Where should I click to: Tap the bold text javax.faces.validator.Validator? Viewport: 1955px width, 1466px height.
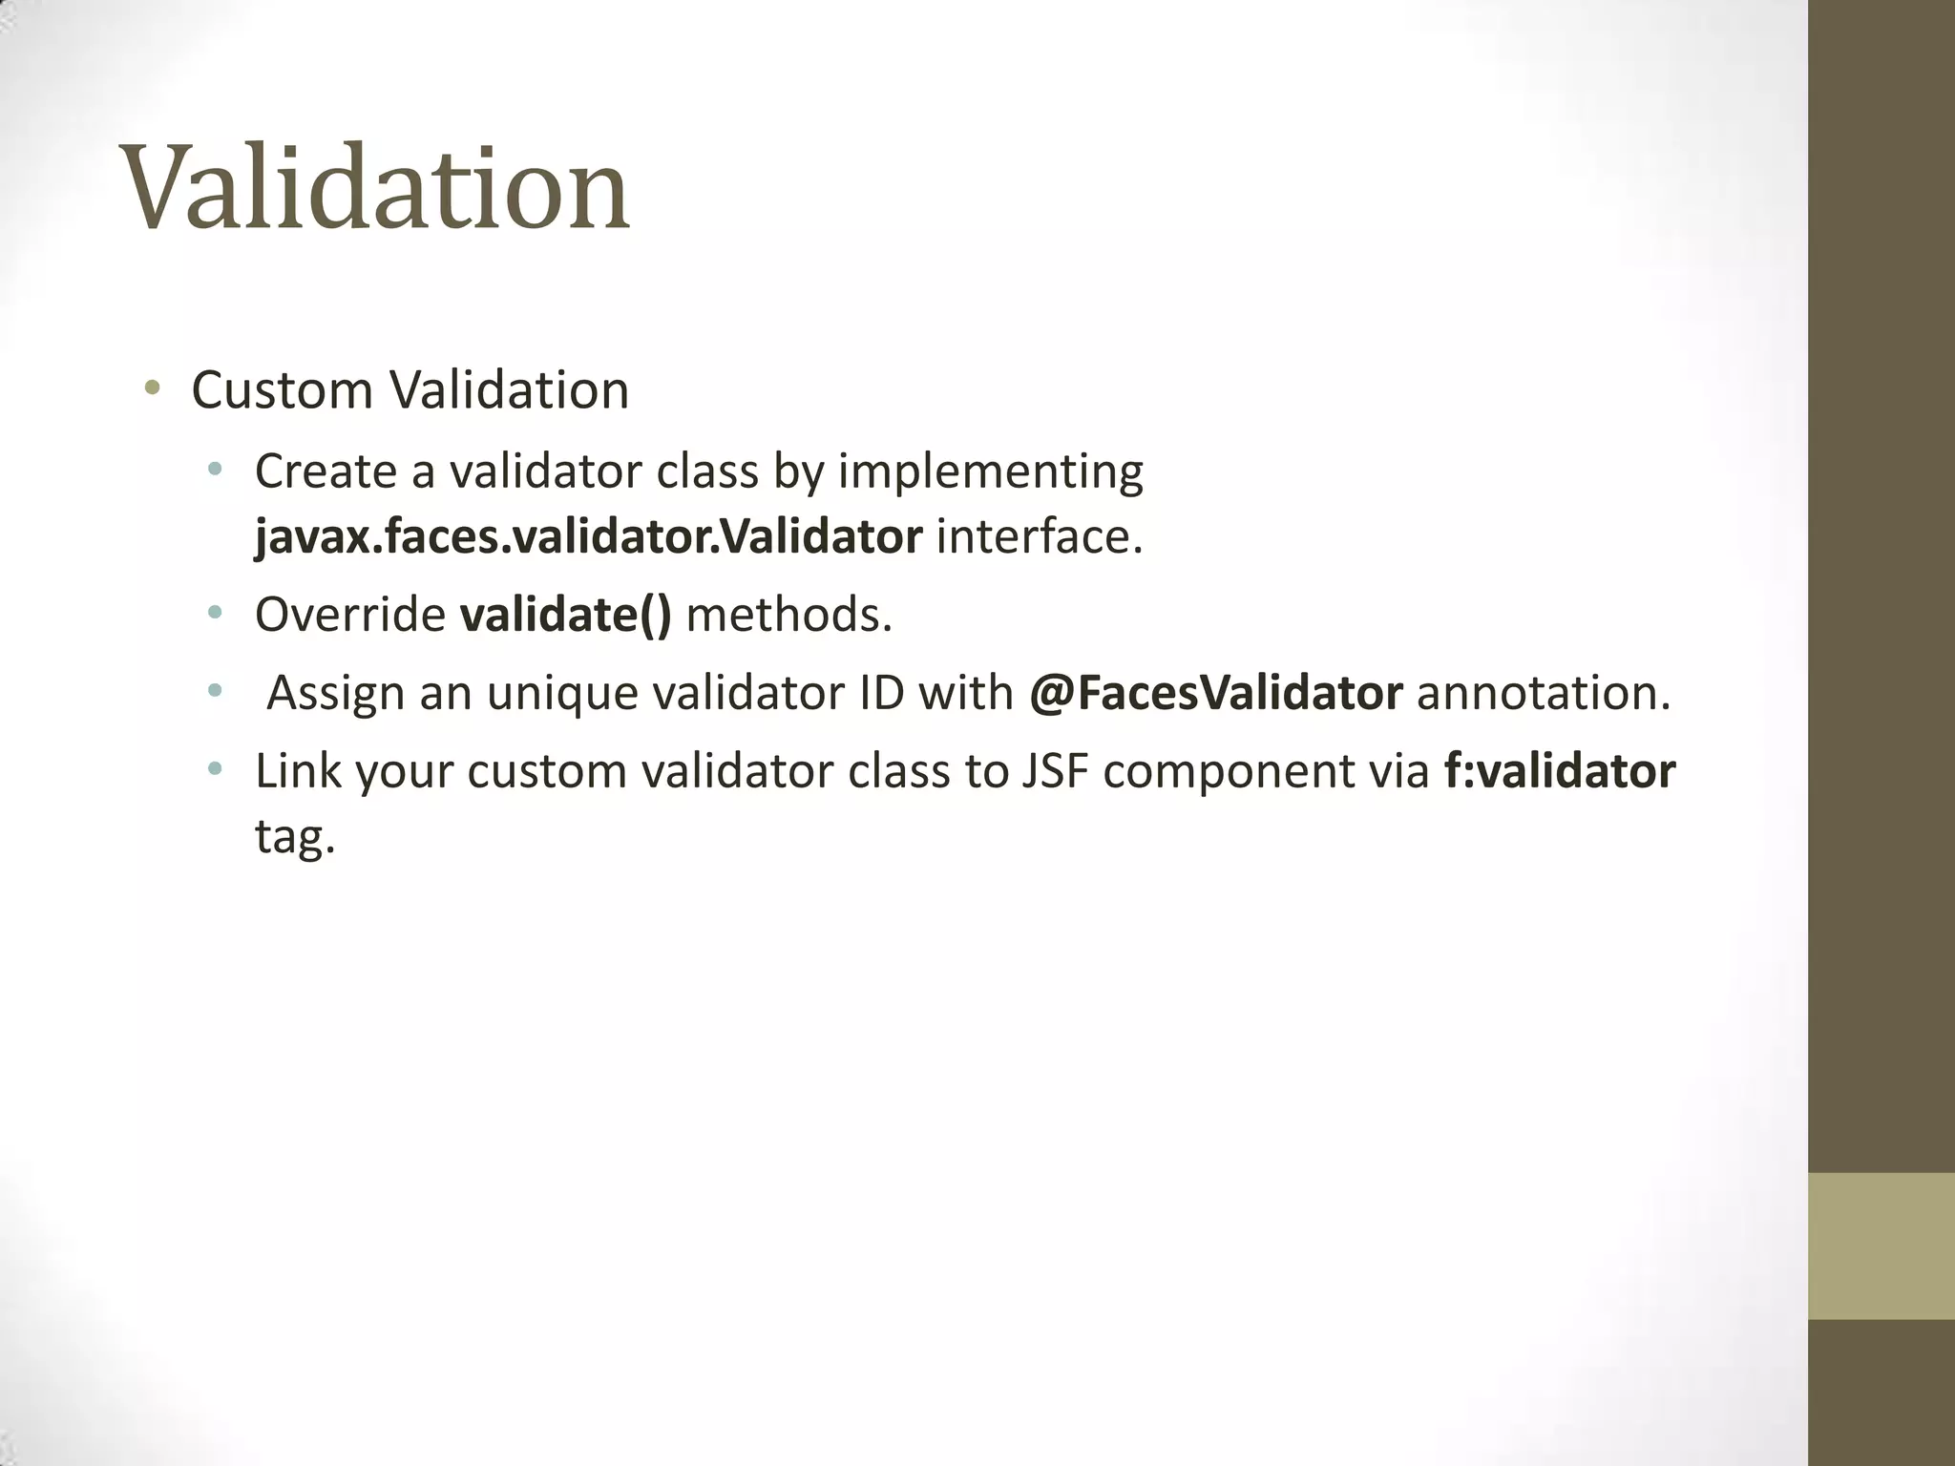pos(588,537)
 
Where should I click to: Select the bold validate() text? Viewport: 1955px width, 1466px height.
pos(565,615)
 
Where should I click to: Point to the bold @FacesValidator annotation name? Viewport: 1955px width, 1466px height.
pos(1215,693)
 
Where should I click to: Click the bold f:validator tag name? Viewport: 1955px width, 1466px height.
pos(1559,771)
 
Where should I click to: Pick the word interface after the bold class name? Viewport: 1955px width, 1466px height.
pos(1039,537)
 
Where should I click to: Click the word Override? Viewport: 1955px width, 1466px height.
pos(349,615)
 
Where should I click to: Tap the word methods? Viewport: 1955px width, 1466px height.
pos(788,615)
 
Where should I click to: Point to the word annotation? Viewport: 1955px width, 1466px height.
pos(1544,693)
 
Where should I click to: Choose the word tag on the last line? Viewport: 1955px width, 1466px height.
pos(295,837)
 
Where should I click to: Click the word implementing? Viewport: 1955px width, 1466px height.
pos(990,472)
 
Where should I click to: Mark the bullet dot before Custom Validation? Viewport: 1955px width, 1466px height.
pos(151,388)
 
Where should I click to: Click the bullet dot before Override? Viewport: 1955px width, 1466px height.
pos(215,613)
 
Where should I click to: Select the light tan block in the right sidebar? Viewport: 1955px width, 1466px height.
pos(1881,1245)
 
